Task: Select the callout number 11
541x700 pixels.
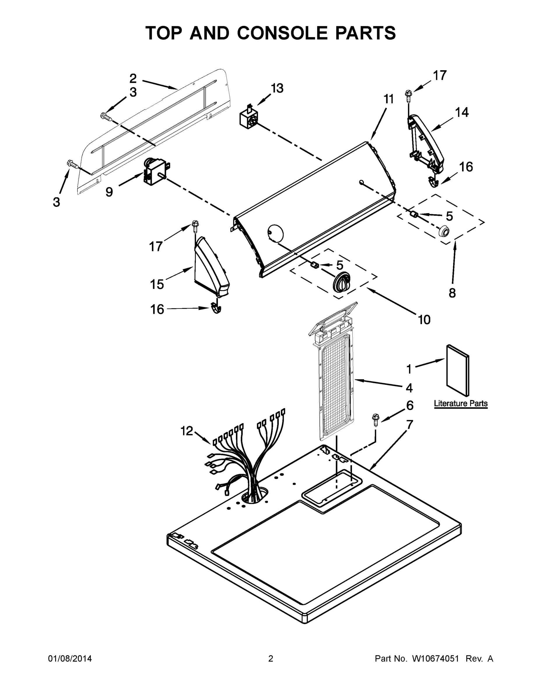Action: point(388,99)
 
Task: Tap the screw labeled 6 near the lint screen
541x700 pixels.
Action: point(375,419)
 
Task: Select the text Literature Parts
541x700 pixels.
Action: point(461,404)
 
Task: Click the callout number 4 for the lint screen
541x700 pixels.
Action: point(409,388)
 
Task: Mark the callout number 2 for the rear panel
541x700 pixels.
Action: point(133,78)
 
